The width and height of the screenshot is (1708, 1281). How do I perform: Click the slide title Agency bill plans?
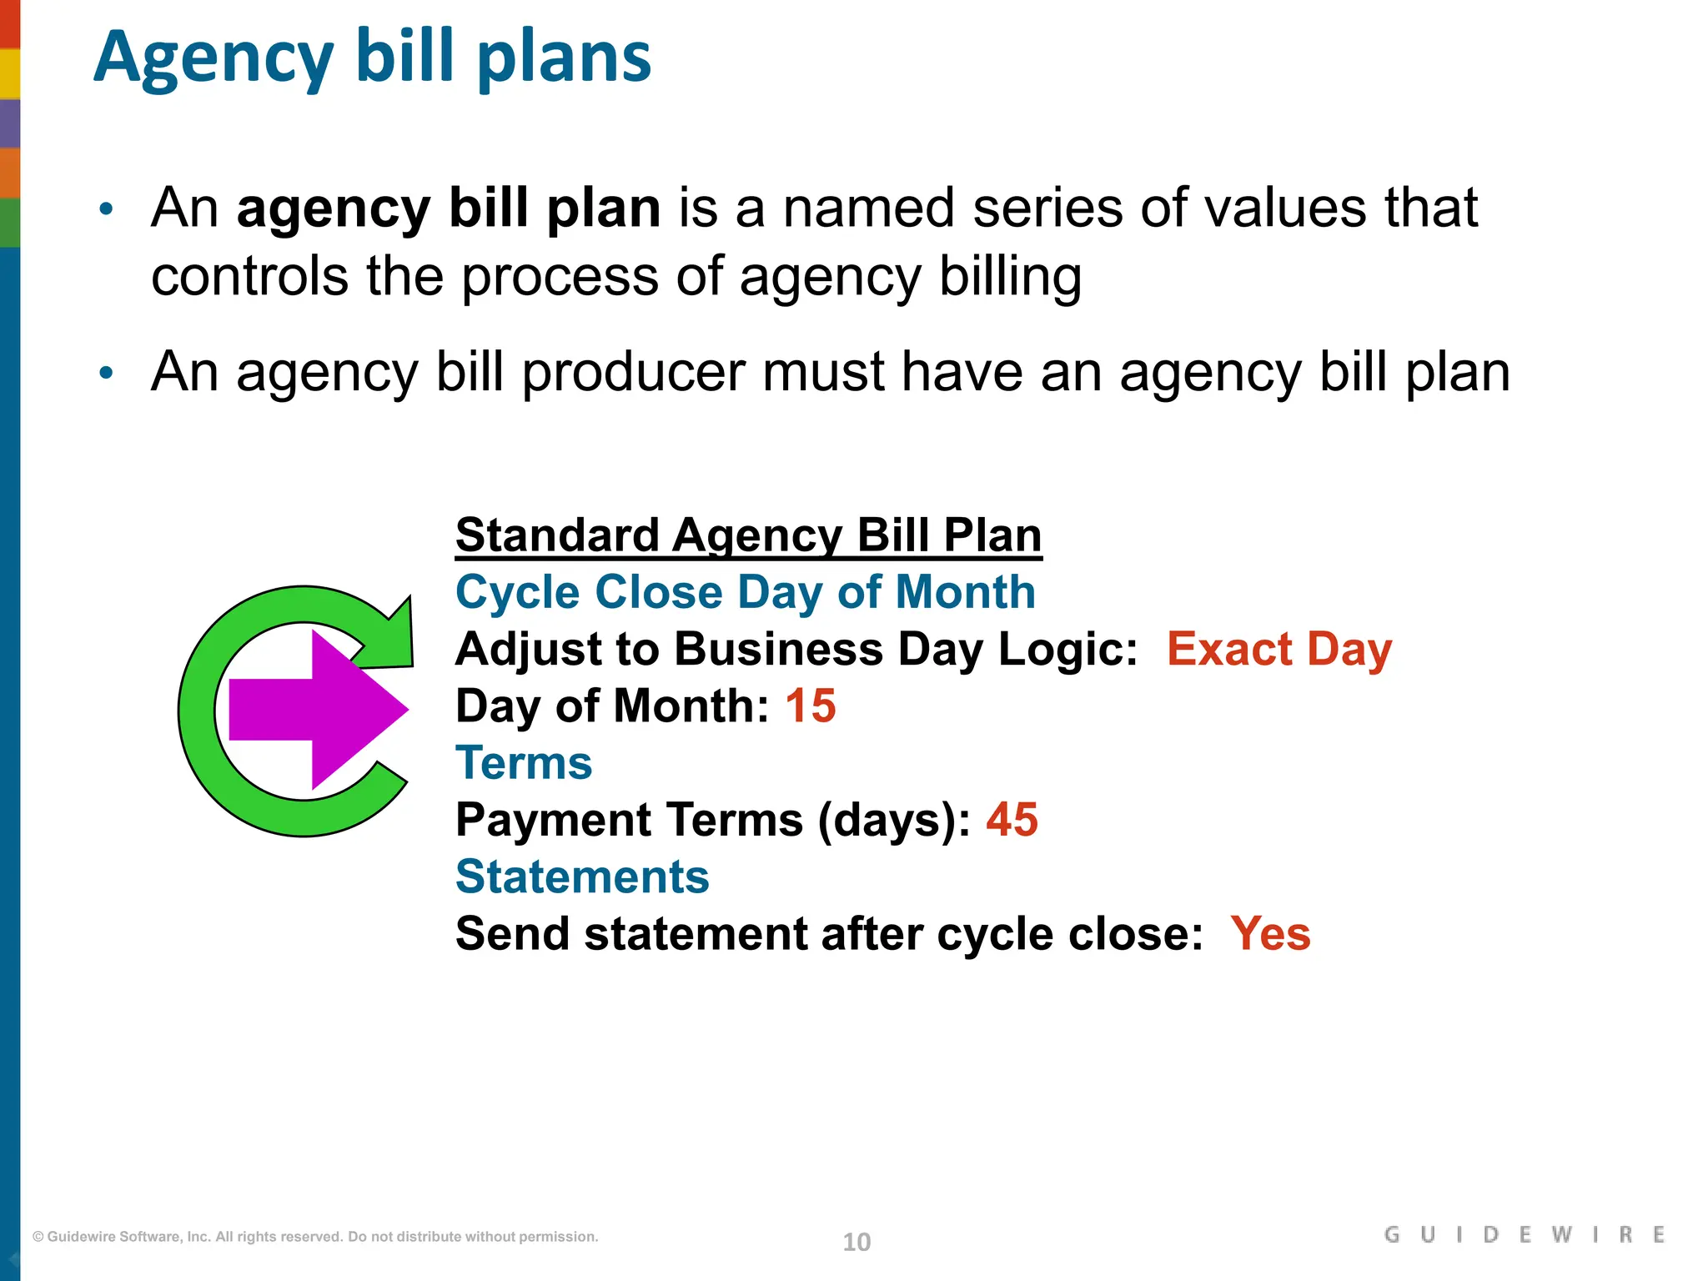tap(372, 58)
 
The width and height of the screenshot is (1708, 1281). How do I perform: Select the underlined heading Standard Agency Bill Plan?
tap(748, 535)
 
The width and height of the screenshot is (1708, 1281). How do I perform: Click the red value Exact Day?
tap(1278, 649)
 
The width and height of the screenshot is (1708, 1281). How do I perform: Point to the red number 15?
tap(810, 706)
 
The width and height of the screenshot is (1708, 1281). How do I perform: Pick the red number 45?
tap(1012, 820)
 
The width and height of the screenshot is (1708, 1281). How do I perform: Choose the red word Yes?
tap(1270, 933)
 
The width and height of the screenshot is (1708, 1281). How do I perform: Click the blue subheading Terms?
tap(524, 763)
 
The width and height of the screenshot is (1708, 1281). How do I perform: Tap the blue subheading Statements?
tap(582, 877)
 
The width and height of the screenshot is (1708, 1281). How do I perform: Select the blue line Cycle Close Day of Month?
tap(745, 592)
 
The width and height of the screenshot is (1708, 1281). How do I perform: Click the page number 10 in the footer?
tap(857, 1242)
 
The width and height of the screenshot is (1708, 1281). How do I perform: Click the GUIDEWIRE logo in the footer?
tap(1524, 1235)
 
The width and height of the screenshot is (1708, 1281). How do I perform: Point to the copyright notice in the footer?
tap(315, 1237)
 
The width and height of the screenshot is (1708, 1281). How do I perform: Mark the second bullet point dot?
tap(106, 373)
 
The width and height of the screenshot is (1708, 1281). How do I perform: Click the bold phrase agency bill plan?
tap(449, 208)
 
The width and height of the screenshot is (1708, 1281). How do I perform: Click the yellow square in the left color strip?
tap(10, 73)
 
